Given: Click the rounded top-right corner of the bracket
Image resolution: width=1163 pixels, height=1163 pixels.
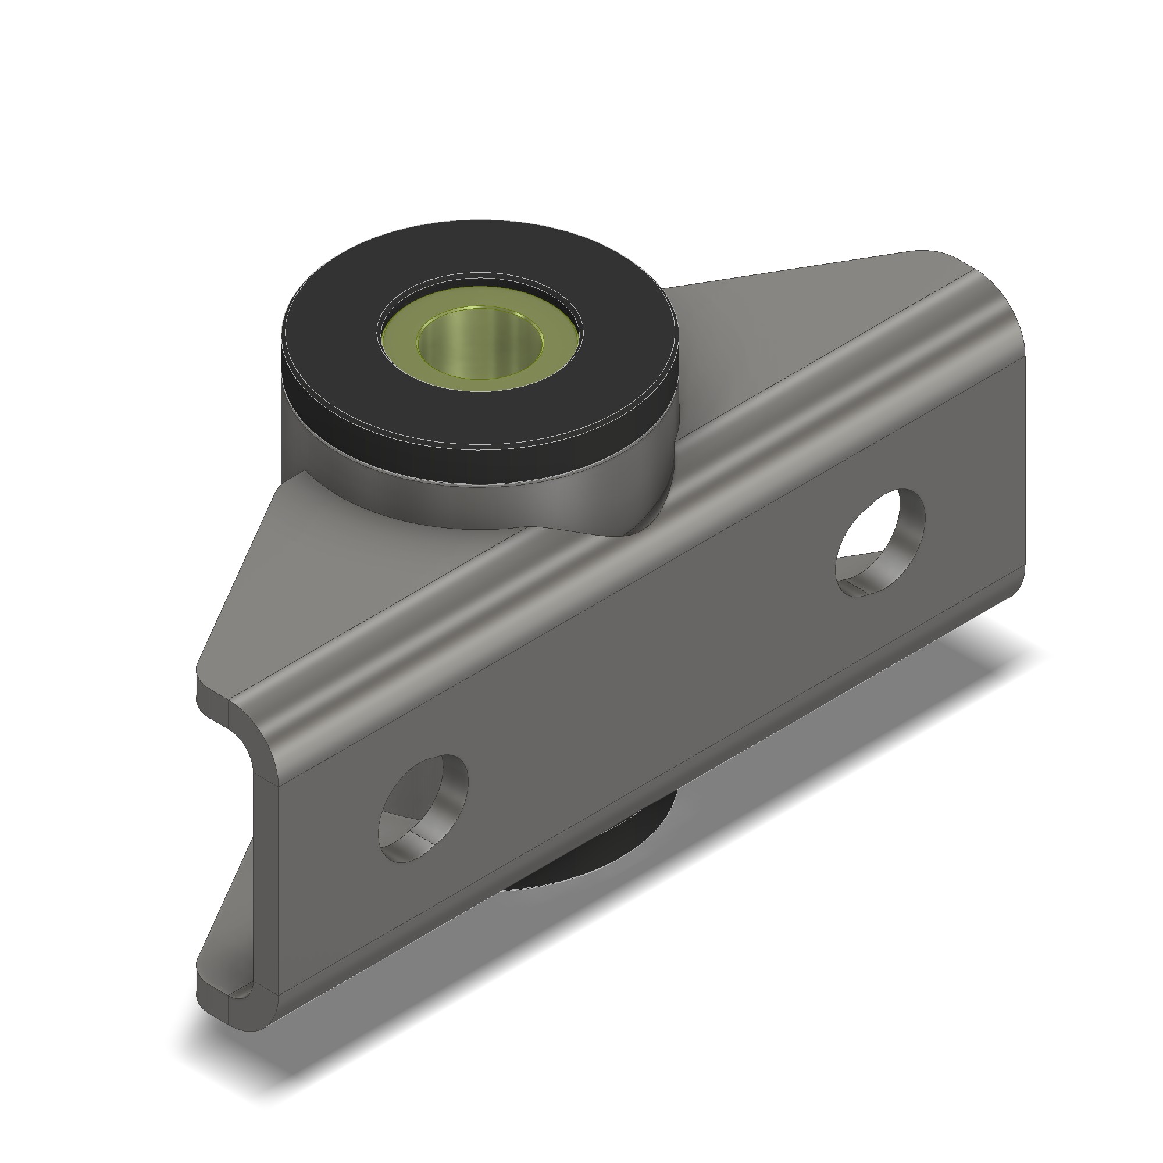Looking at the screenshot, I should [975, 283].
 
